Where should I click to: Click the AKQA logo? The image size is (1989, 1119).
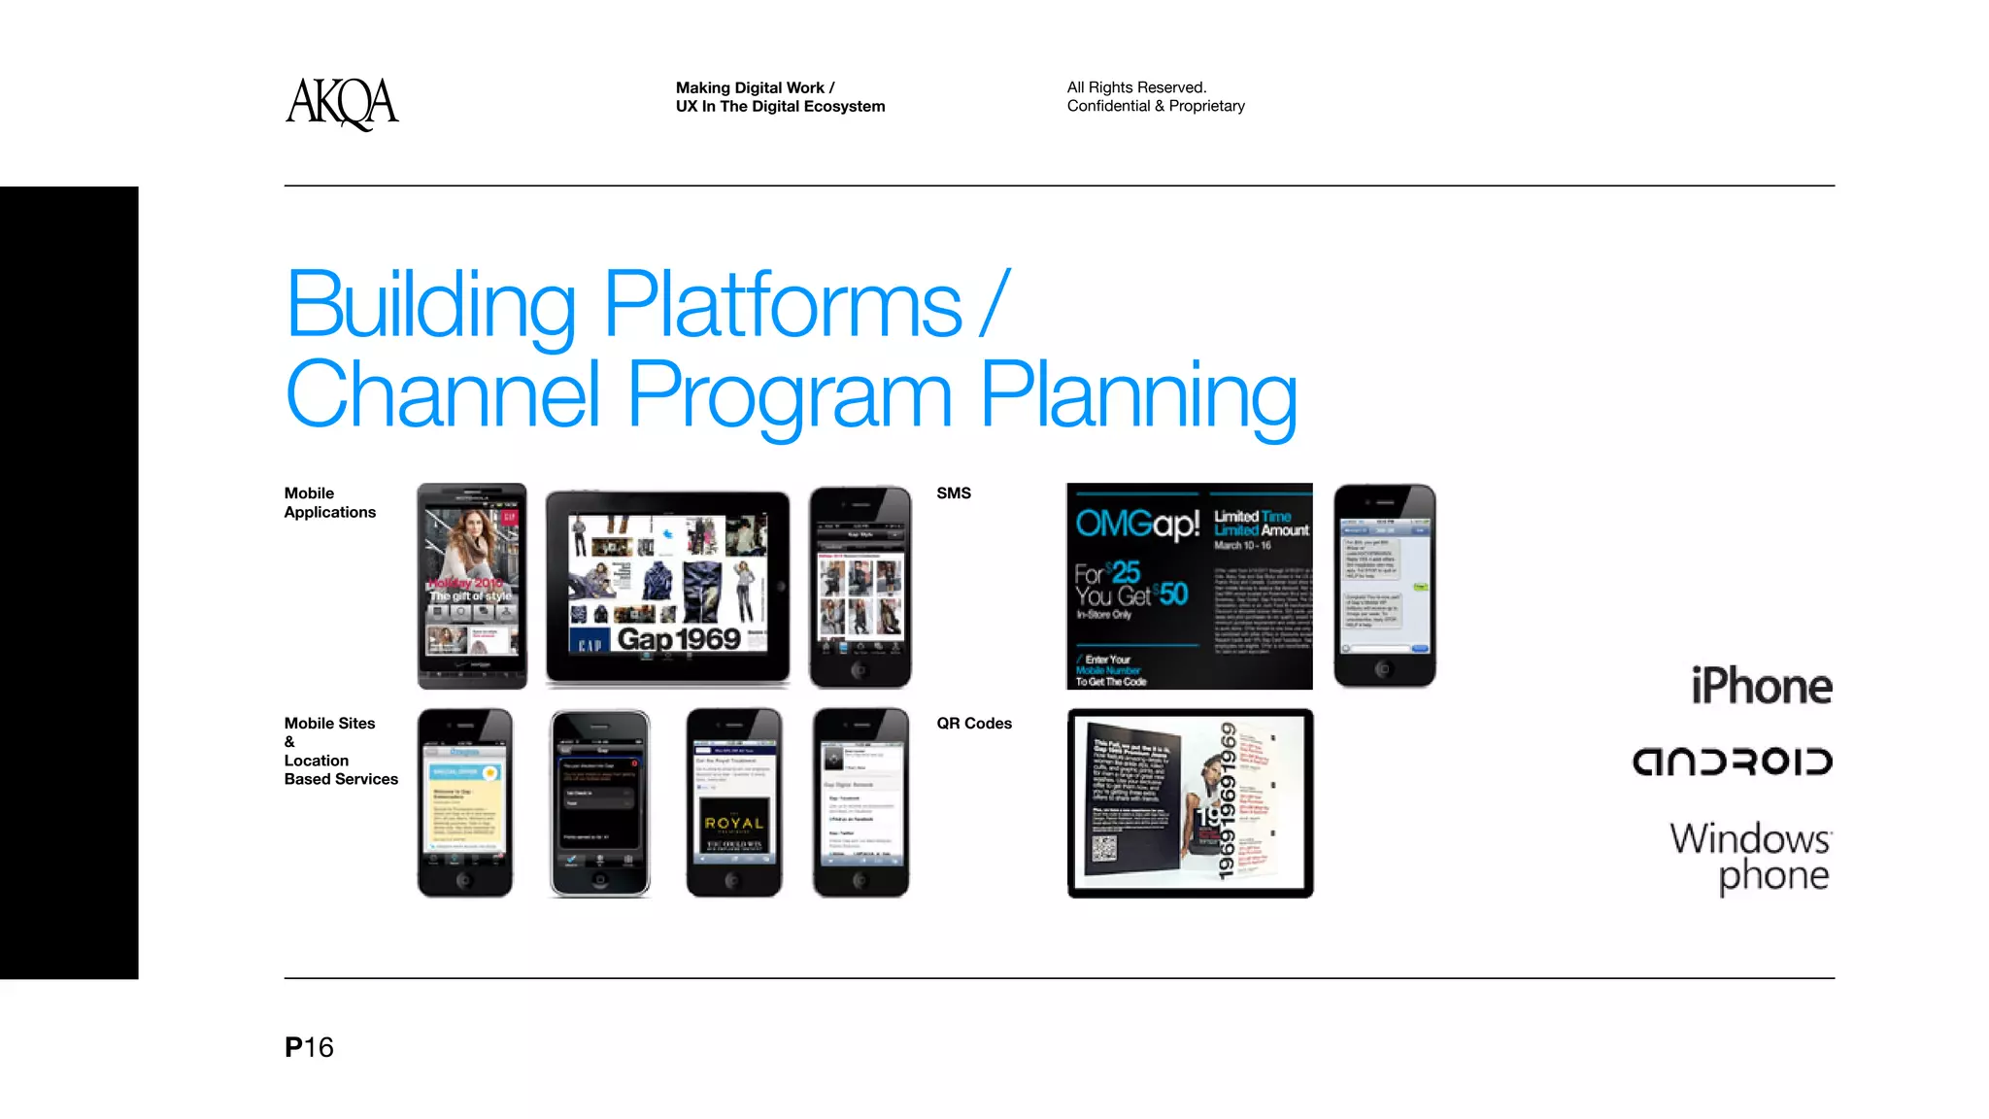tap(342, 103)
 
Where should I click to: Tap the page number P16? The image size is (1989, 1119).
tap(309, 1047)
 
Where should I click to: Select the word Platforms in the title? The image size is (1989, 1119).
tap(782, 305)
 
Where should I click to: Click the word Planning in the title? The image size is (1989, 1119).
tap(1138, 395)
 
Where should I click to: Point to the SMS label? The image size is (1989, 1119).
tap(953, 493)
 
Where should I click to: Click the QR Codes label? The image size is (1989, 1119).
tap(973, 724)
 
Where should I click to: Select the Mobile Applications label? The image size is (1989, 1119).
tap(329, 503)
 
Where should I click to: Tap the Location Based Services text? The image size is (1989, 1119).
tap(340, 770)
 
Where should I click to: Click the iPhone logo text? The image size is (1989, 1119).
tap(1761, 687)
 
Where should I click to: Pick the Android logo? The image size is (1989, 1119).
tap(1732, 762)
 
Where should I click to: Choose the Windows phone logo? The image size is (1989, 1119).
tap(1750, 856)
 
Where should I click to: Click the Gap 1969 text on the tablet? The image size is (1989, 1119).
tap(679, 638)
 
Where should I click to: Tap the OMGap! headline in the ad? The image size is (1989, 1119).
tap(1137, 525)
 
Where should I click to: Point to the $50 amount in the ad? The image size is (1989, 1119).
tap(1173, 593)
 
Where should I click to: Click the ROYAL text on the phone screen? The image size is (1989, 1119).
tap(734, 824)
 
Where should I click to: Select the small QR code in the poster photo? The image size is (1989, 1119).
tap(1104, 848)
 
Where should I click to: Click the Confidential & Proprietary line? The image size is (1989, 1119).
tap(1156, 106)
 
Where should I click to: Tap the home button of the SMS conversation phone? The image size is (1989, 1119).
tap(1384, 668)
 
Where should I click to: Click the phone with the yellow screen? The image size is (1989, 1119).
tap(464, 802)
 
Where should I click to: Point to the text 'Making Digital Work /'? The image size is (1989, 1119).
tap(755, 87)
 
